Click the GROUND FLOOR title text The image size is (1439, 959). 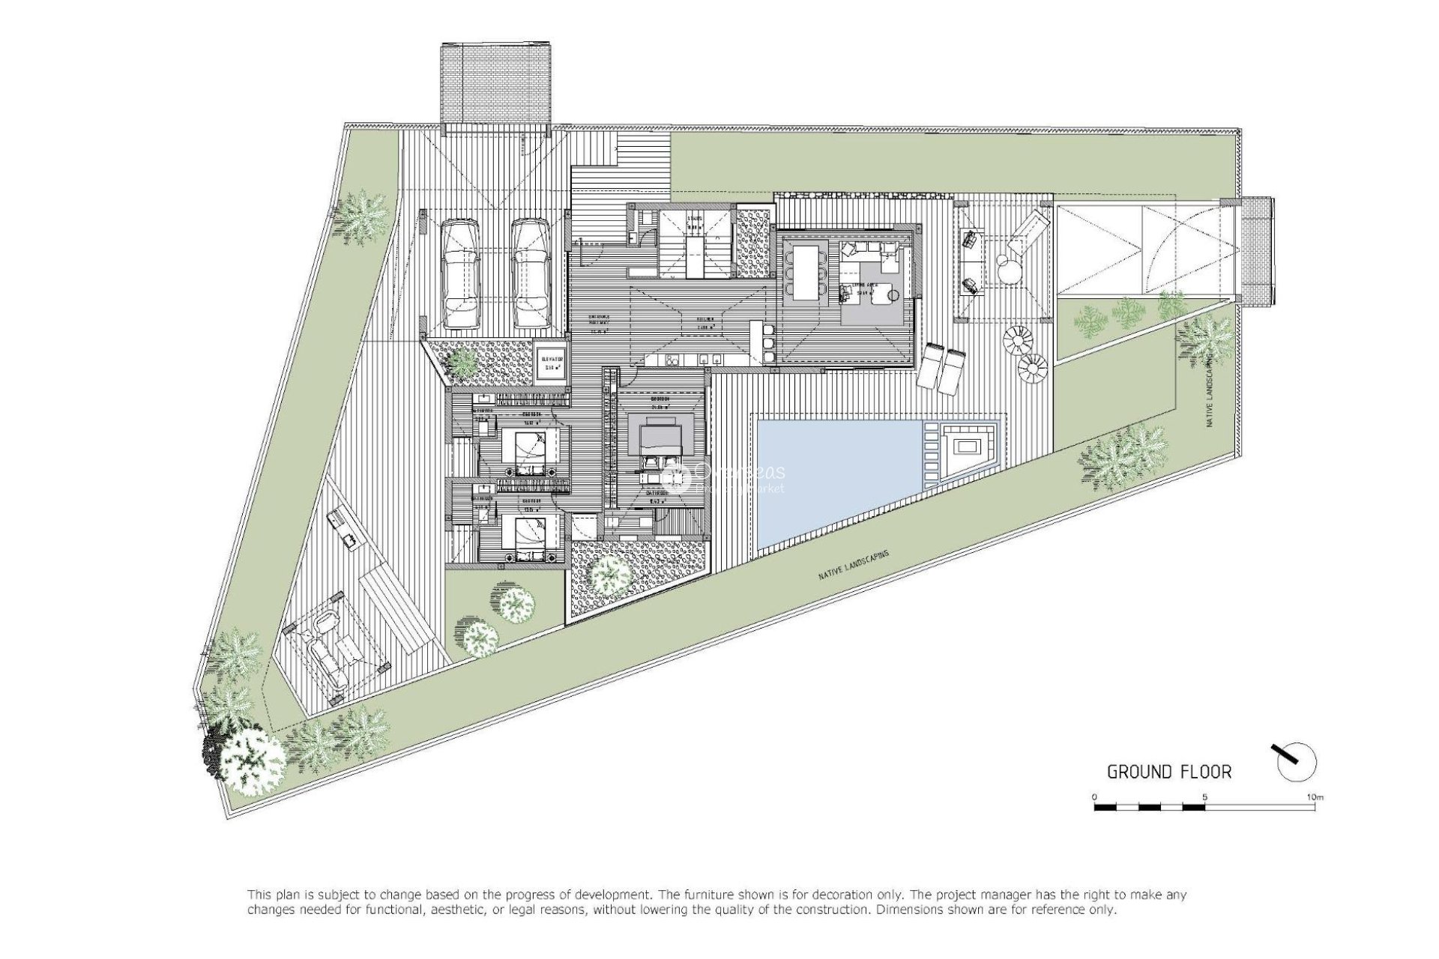click(1169, 772)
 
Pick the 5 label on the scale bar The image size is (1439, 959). click(1204, 797)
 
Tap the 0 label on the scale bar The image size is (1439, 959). click(1094, 797)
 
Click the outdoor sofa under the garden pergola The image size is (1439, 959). click(327, 660)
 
